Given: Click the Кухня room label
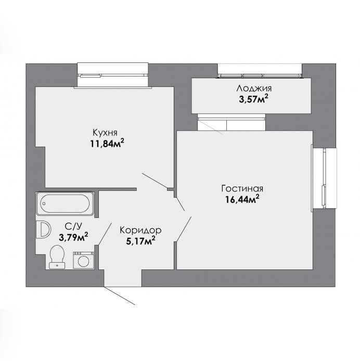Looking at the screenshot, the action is pyautogui.click(x=105, y=133).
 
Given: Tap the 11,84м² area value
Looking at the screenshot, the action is pyautogui.click(x=107, y=144).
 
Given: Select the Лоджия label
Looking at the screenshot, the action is pyautogui.click(x=254, y=88).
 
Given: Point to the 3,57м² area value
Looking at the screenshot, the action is pyautogui.click(x=253, y=99).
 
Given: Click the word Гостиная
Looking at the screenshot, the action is pyautogui.click(x=242, y=188).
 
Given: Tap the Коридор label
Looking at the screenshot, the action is pyautogui.click(x=140, y=230).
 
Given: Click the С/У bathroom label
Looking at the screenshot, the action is pyautogui.click(x=73, y=227).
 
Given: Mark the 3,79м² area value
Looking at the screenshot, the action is pyautogui.click(x=73, y=237).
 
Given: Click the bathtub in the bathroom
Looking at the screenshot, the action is pyautogui.click(x=65, y=203).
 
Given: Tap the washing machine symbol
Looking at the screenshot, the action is pyautogui.click(x=84, y=260).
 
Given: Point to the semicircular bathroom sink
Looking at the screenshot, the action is pyautogui.click(x=43, y=229).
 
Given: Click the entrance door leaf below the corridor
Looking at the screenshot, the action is pyautogui.click(x=119, y=295).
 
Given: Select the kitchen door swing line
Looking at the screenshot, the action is pyautogui.click(x=155, y=180).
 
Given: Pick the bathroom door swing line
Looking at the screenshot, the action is pyautogui.click(x=105, y=234).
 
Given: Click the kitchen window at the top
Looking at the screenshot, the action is pyautogui.click(x=112, y=75).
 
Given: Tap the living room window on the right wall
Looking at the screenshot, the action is pyautogui.click(x=324, y=178).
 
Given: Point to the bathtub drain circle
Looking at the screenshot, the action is pyautogui.click(x=44, y=204).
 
